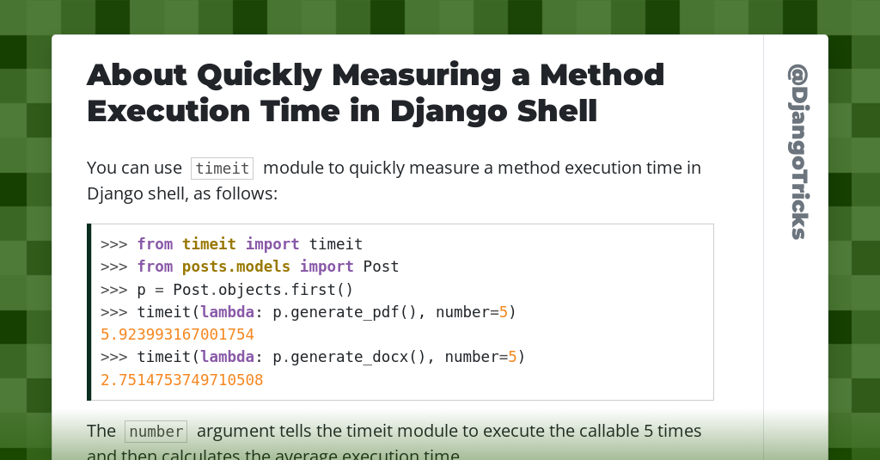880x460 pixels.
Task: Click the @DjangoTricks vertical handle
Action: point(797,151)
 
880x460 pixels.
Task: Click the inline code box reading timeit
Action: point(222,169)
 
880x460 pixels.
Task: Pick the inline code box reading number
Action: point(155,432)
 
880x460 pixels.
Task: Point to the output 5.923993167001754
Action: point(177,334)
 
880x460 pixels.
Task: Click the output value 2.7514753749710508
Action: point(181,379)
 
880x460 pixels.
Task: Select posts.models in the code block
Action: point(235,267)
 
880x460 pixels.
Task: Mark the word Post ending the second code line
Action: point(381,267)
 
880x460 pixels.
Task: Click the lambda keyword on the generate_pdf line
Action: point(227,312)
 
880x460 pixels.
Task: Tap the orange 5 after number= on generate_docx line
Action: point(512,357)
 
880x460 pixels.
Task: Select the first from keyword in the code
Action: point(155,244)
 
